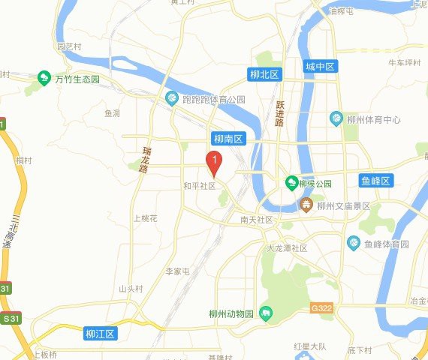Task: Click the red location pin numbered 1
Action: (x=214, y=160)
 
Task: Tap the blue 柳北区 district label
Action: (x=264, y=75)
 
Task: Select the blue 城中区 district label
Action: (x=321, y=67)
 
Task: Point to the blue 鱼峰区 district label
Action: (x=375, y=181)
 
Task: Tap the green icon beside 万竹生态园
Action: (x=44, y=77)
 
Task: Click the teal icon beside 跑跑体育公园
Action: (x=172, y=99)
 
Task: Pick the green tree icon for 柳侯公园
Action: (x=291, y=182)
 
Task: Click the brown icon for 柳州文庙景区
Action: (x=306, y=205)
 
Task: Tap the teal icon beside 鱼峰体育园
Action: (x=354, y=243)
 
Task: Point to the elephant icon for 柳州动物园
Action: (x=264, y=313)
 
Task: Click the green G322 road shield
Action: (x=321, y=307)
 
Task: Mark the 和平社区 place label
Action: (x=199, y=184)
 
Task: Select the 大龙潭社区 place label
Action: (x=288, y=247)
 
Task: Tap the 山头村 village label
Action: (x=130, y=289)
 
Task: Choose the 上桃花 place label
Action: (x=145, y=218)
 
